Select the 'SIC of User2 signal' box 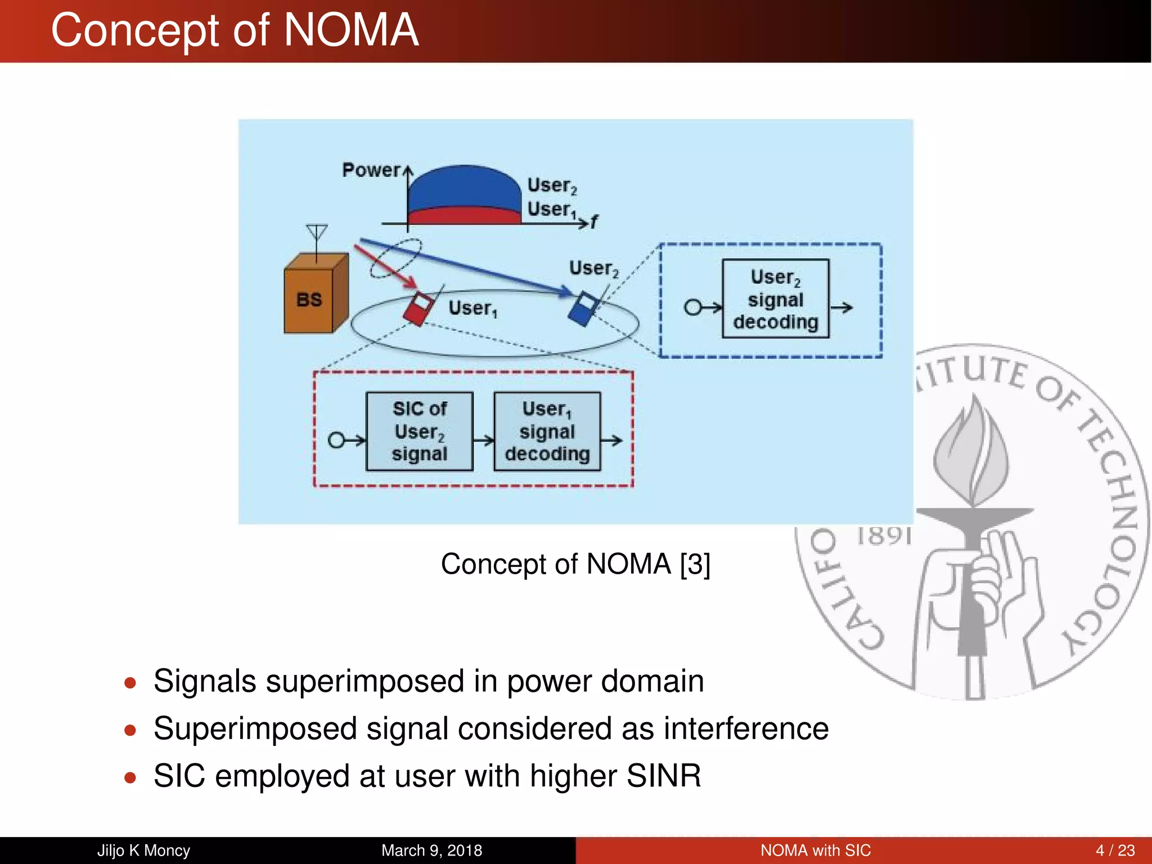click(x=419, y=431)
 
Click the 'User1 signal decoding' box click(x=547, y=431)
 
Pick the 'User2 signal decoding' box click(x=775, y=299)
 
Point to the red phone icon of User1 click(x=418, y=309)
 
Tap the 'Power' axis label click(x=371, y=170)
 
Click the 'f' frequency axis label click(x=594, y=222)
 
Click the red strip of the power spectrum click(x=464, y=217)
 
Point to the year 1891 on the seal click(x=883, y=536)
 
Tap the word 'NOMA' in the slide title click(x=351, y=30)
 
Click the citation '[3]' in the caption click(x=695, y=564)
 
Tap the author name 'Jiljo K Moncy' click(x=143, y=850)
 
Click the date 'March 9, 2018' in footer click(x=431, y=850)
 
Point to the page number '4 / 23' click(x=1115, y=850)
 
